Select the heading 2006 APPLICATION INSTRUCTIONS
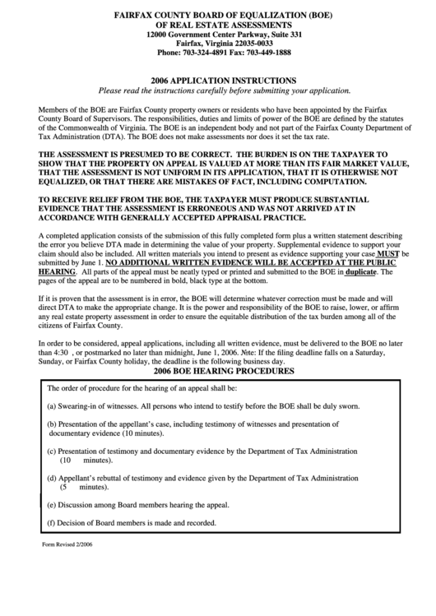[x=218, y=80]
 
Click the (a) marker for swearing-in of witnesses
[x=51, y=406]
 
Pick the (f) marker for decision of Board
[x=51, y=522]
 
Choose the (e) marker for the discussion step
[x=51, y=504]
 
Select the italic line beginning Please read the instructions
[x=218, y=90]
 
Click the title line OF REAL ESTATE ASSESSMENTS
[x=218, y=25]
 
